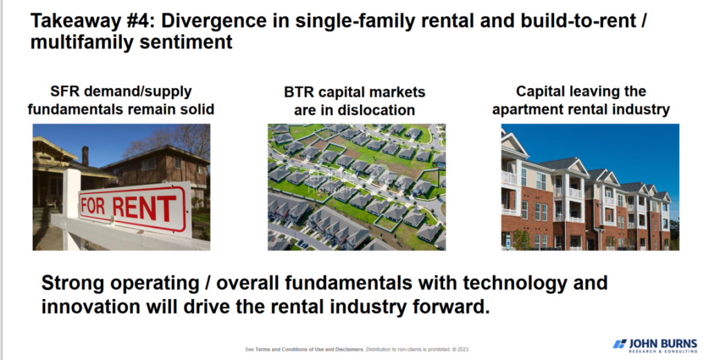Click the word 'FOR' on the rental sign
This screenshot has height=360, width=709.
point(93,206)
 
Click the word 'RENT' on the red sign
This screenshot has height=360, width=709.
point(145,208)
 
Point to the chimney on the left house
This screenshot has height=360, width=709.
point(85,156)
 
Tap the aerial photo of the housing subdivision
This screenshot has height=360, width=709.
point(357,187)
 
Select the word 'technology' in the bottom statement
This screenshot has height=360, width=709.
point(514,284)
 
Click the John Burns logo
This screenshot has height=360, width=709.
point(655,345)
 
